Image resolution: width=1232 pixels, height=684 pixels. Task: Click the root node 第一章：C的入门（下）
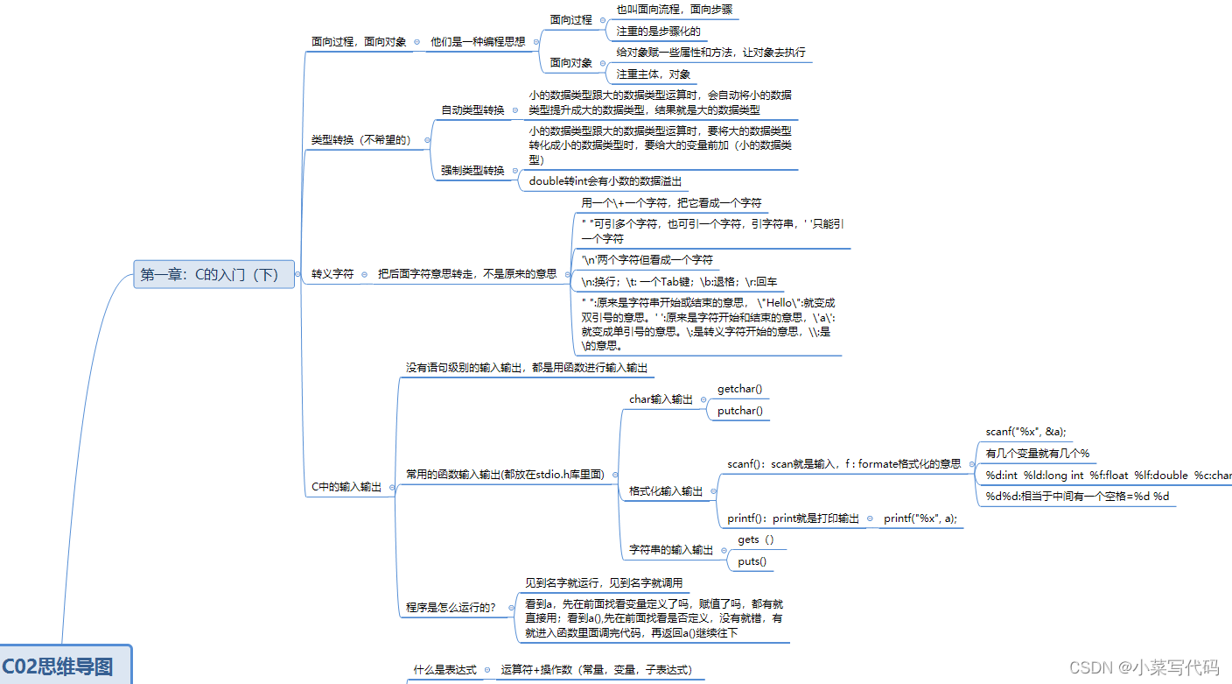pyautogui.click(x=210, y=274)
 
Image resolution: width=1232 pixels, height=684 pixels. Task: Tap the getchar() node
pyautogui.click(x=739, y=389)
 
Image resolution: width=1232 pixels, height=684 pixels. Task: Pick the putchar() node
pyautogui.click(x=739, y=411)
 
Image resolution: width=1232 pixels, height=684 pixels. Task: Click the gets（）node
pyautogui.click(x=756, y=539)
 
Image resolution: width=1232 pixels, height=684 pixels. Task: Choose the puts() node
pyautogui.click(x=752, y=561)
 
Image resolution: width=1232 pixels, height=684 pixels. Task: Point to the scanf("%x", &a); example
pyautogui.click(x=1025, y=432)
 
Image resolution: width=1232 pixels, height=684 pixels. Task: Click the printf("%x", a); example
pyautogui.click(x=920, y=518)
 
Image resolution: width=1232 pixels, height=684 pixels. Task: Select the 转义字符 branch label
pyautogui.click(x=332, y=273)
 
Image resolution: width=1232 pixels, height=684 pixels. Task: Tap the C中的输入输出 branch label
pyautogui.click(x=346, y=487)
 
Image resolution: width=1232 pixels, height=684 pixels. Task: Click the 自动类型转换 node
pyautogui.click(x=472, y=110)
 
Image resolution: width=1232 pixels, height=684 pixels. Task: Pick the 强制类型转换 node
pyautogui.click(x=472, y=171)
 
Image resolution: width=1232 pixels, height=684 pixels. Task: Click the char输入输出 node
pyautogui.click(x=661, y=399)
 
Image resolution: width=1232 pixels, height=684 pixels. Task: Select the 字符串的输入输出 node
pyautogui.click(x=671, y=550)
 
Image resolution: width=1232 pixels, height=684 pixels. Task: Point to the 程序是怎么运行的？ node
pyautogui.click(x=451, y=607)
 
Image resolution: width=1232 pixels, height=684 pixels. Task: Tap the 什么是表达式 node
pyautogui.click(x=444, y=669)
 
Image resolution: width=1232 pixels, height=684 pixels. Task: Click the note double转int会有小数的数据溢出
pyautogui.click(x=604, y=181)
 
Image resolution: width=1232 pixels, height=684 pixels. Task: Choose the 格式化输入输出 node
pyautogui.click(x=666, y=491)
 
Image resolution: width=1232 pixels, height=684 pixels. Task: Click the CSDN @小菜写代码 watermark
pyautogui.click(x=1144, y=667)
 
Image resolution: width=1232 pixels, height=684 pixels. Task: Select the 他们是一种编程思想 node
pyautogui.click(x=477, y=41)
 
